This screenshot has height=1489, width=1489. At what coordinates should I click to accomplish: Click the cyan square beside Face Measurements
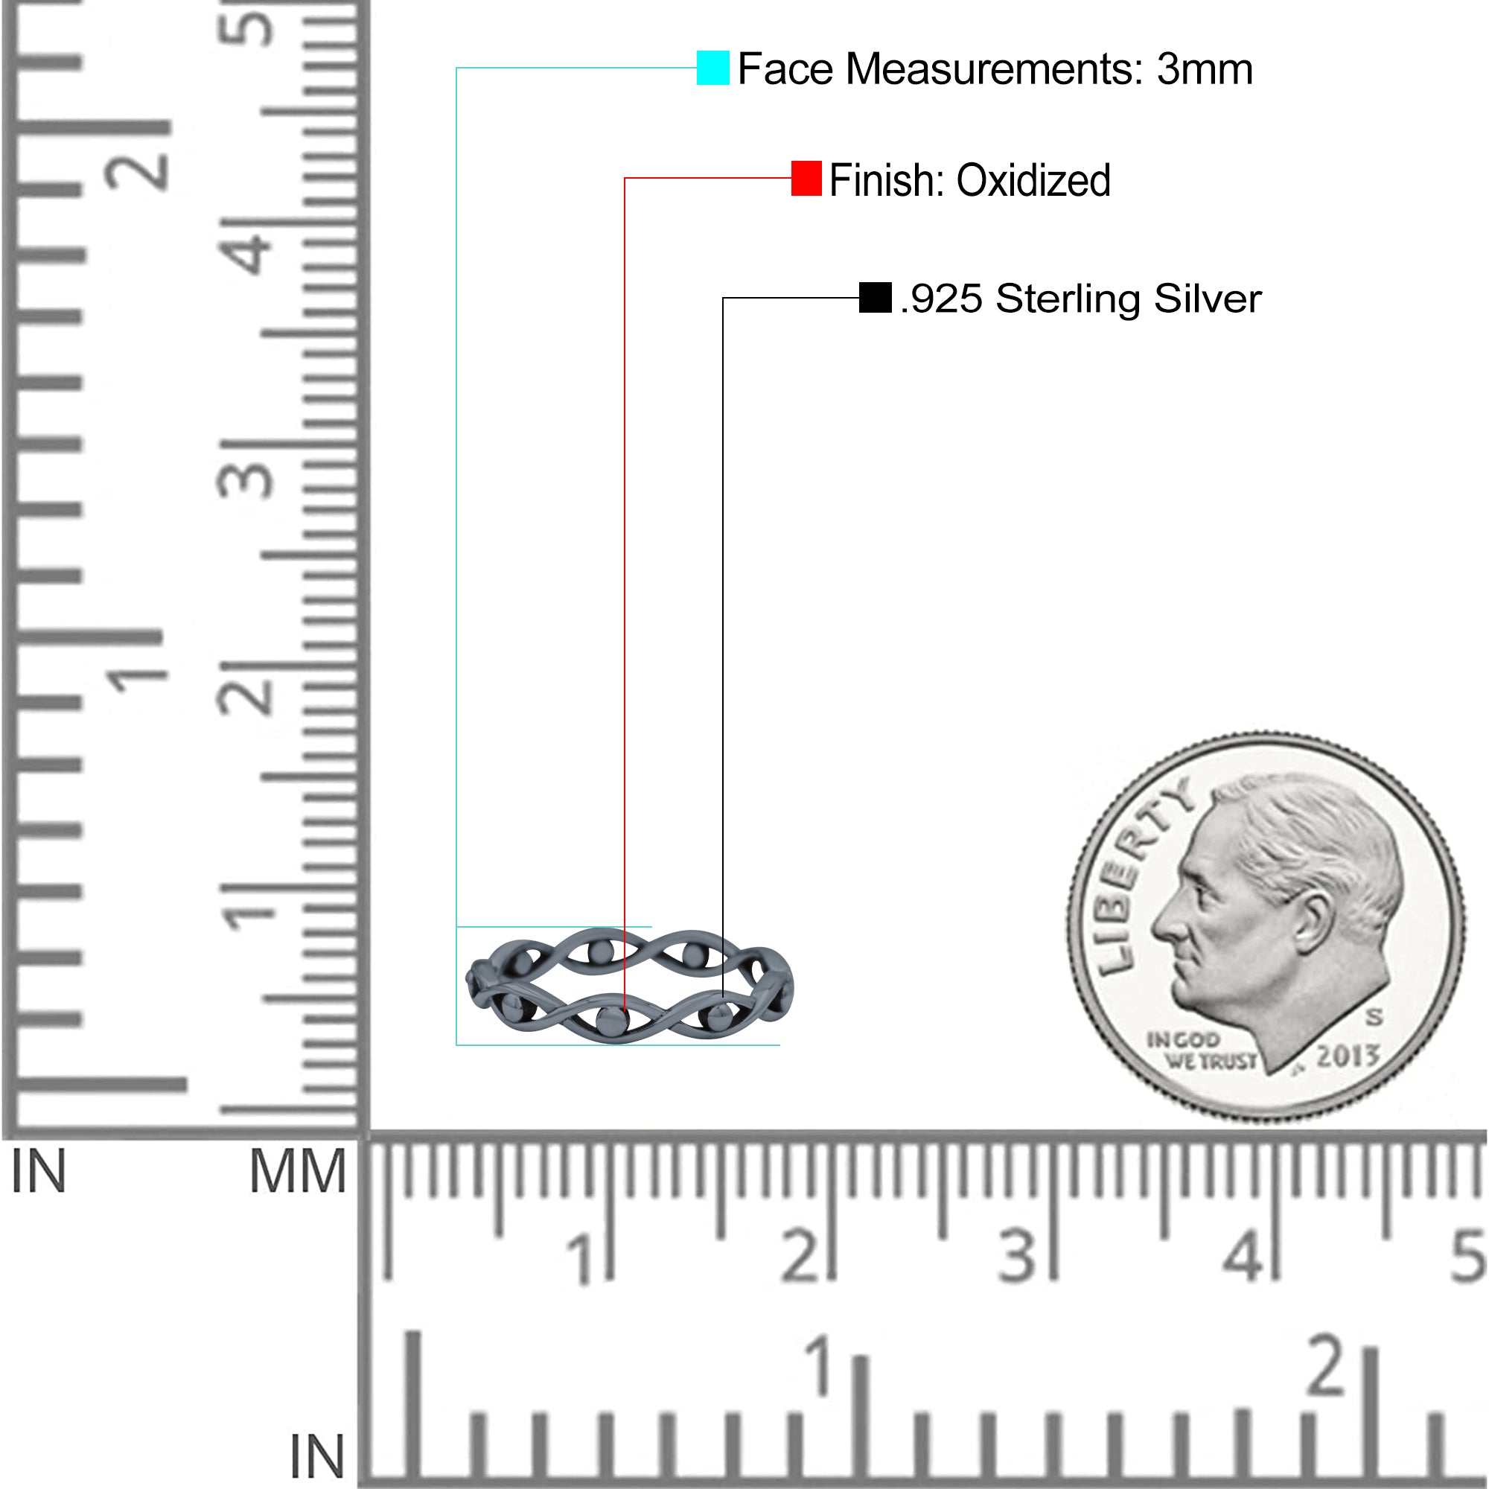tap(713, 68)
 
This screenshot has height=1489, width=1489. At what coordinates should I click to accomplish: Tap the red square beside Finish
tap(806, 178)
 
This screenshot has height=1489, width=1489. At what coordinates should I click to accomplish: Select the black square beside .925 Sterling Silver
tap(876, 298)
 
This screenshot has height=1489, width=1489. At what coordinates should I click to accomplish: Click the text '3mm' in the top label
tap(1205, 69)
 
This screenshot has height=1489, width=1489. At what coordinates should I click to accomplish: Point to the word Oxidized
tap(1033, 180)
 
